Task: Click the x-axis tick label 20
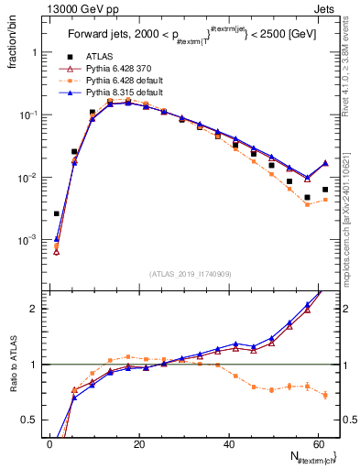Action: pyautogui.click(x=139, y=443)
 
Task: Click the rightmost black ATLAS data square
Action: pyautogui.click(x=325, y=190)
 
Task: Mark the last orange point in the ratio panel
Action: pyautogui.click(x=325, y=395)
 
